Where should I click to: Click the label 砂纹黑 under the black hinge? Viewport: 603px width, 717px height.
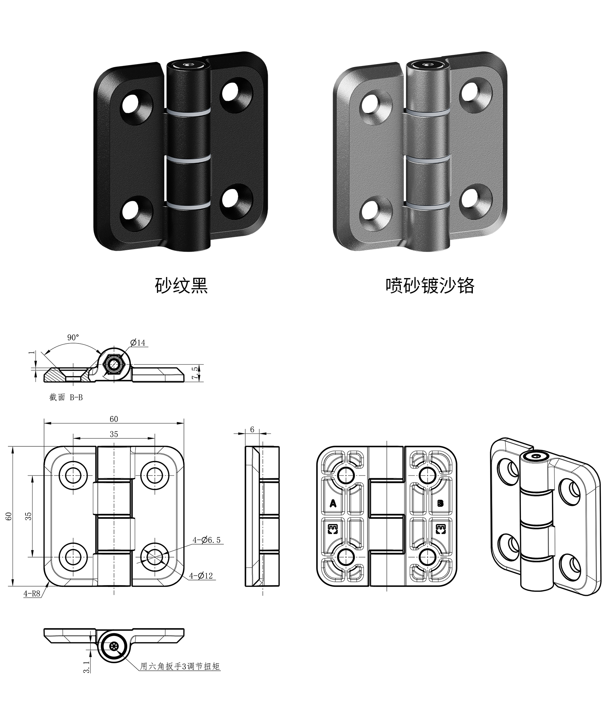(x=181, y=286)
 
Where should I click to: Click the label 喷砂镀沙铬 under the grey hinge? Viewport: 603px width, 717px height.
(x=430, y=286)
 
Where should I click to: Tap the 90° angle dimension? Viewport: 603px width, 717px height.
(x=73, y=337)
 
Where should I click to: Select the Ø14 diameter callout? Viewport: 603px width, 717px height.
(x=138, y=343)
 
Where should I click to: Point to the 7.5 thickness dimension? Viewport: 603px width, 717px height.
(x=195, y=373)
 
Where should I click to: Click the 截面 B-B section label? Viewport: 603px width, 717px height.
(x=66, y=397)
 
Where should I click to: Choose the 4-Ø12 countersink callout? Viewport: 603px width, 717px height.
(x=201, y=576)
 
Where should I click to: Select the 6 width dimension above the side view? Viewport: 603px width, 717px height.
(x=252, y=429)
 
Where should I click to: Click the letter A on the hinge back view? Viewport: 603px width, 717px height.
(x=333, y=504)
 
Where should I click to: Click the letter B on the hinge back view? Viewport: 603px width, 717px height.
(x=441, y=503)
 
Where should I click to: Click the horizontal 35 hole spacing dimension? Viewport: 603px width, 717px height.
(x=114, y=434)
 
